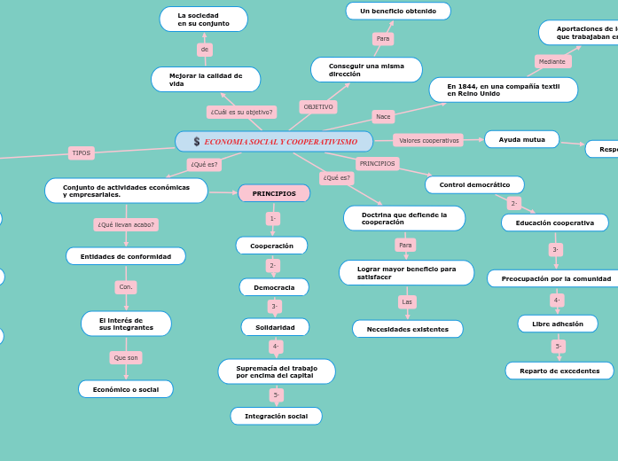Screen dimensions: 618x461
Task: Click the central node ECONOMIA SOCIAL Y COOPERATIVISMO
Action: click(x=275, y=142)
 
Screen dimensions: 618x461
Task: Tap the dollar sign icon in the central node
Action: click(x=197, y=142)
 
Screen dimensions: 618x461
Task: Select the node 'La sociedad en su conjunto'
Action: click(x=203, y=19)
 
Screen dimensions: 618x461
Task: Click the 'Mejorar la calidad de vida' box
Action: click(x=206, y=80)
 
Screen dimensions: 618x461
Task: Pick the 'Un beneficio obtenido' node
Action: click(x=398, y=11)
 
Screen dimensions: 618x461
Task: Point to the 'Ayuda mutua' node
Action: click(x=521, y=139)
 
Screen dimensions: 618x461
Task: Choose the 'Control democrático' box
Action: click(x=474, y=184)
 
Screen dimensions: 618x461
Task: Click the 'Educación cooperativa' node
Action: click(x=555, y=223)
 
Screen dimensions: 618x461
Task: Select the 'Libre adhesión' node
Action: click(x=558, y=324)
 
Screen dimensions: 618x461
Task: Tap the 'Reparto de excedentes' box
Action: click(x=559, y=371)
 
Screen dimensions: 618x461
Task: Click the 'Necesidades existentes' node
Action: click(x=408, y=329)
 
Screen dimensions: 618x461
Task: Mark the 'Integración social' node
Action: click(x=276, y=416)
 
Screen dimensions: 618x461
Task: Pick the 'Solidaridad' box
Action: click(x=275, y=327)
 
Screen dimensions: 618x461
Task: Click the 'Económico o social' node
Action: click(x=126, y=389)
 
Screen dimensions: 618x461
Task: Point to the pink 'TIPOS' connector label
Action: click(x=82, y=152)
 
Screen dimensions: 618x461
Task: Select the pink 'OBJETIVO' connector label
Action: click(x=318, y=106)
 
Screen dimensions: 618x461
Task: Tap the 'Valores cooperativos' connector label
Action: click(x=428, y=140)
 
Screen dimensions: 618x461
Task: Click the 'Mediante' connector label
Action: click(x=552, y=61)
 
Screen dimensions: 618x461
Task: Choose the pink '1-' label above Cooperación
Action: click(x=272, y=218)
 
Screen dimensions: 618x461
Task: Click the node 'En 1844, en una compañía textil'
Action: click(x=503, y=90)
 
